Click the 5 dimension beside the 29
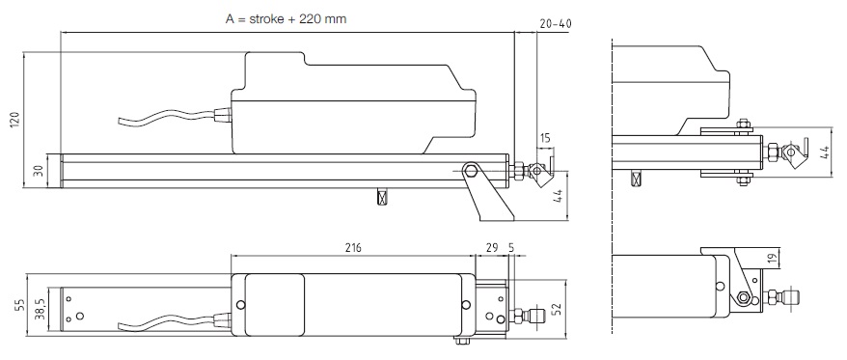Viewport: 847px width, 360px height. pyautogui.click(x=510, y=248)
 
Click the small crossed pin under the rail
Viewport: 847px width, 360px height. pyautogui.click(x=383, y=196)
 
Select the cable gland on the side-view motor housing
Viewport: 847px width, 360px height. pyautogui.click(x=222, y=117)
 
